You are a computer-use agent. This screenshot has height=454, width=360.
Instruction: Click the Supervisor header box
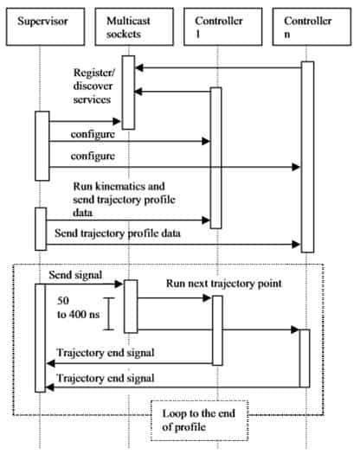tap(46, 27)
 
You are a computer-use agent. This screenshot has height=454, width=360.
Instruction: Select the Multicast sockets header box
tap(134, 27)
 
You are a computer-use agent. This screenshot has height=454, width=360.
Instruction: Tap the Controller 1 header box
tap(223, 27)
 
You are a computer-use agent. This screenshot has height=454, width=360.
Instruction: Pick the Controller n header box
tap(312, 27)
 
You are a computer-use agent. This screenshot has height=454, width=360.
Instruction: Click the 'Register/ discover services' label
tap(93, 86)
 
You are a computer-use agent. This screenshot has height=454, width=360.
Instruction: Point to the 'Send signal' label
tap(75, 275)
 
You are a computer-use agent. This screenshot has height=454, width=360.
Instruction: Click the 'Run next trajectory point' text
tap(224, 284)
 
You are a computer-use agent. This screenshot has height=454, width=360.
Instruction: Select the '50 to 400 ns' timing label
tap(78, 308)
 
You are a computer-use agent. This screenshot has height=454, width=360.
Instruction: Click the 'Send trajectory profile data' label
tap(118, 233)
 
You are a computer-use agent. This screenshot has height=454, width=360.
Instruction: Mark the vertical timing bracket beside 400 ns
tap(109, 314)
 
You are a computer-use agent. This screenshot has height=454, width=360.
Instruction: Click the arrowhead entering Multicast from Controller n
tap(139, 68)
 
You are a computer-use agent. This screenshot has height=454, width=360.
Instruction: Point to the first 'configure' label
tap(93, 134)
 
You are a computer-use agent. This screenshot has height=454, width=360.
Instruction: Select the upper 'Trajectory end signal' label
tap(106, 353)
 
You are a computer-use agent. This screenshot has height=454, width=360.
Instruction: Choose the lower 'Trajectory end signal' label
tap(106, 378)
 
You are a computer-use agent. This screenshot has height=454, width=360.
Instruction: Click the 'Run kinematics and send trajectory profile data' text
tap(124, 200)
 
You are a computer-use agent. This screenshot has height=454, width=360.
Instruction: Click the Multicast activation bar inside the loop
tap(131, 306)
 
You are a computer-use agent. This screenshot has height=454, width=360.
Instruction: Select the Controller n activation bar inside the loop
tap(305, 358)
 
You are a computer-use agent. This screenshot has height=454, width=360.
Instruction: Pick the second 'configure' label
tap(93, 156)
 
